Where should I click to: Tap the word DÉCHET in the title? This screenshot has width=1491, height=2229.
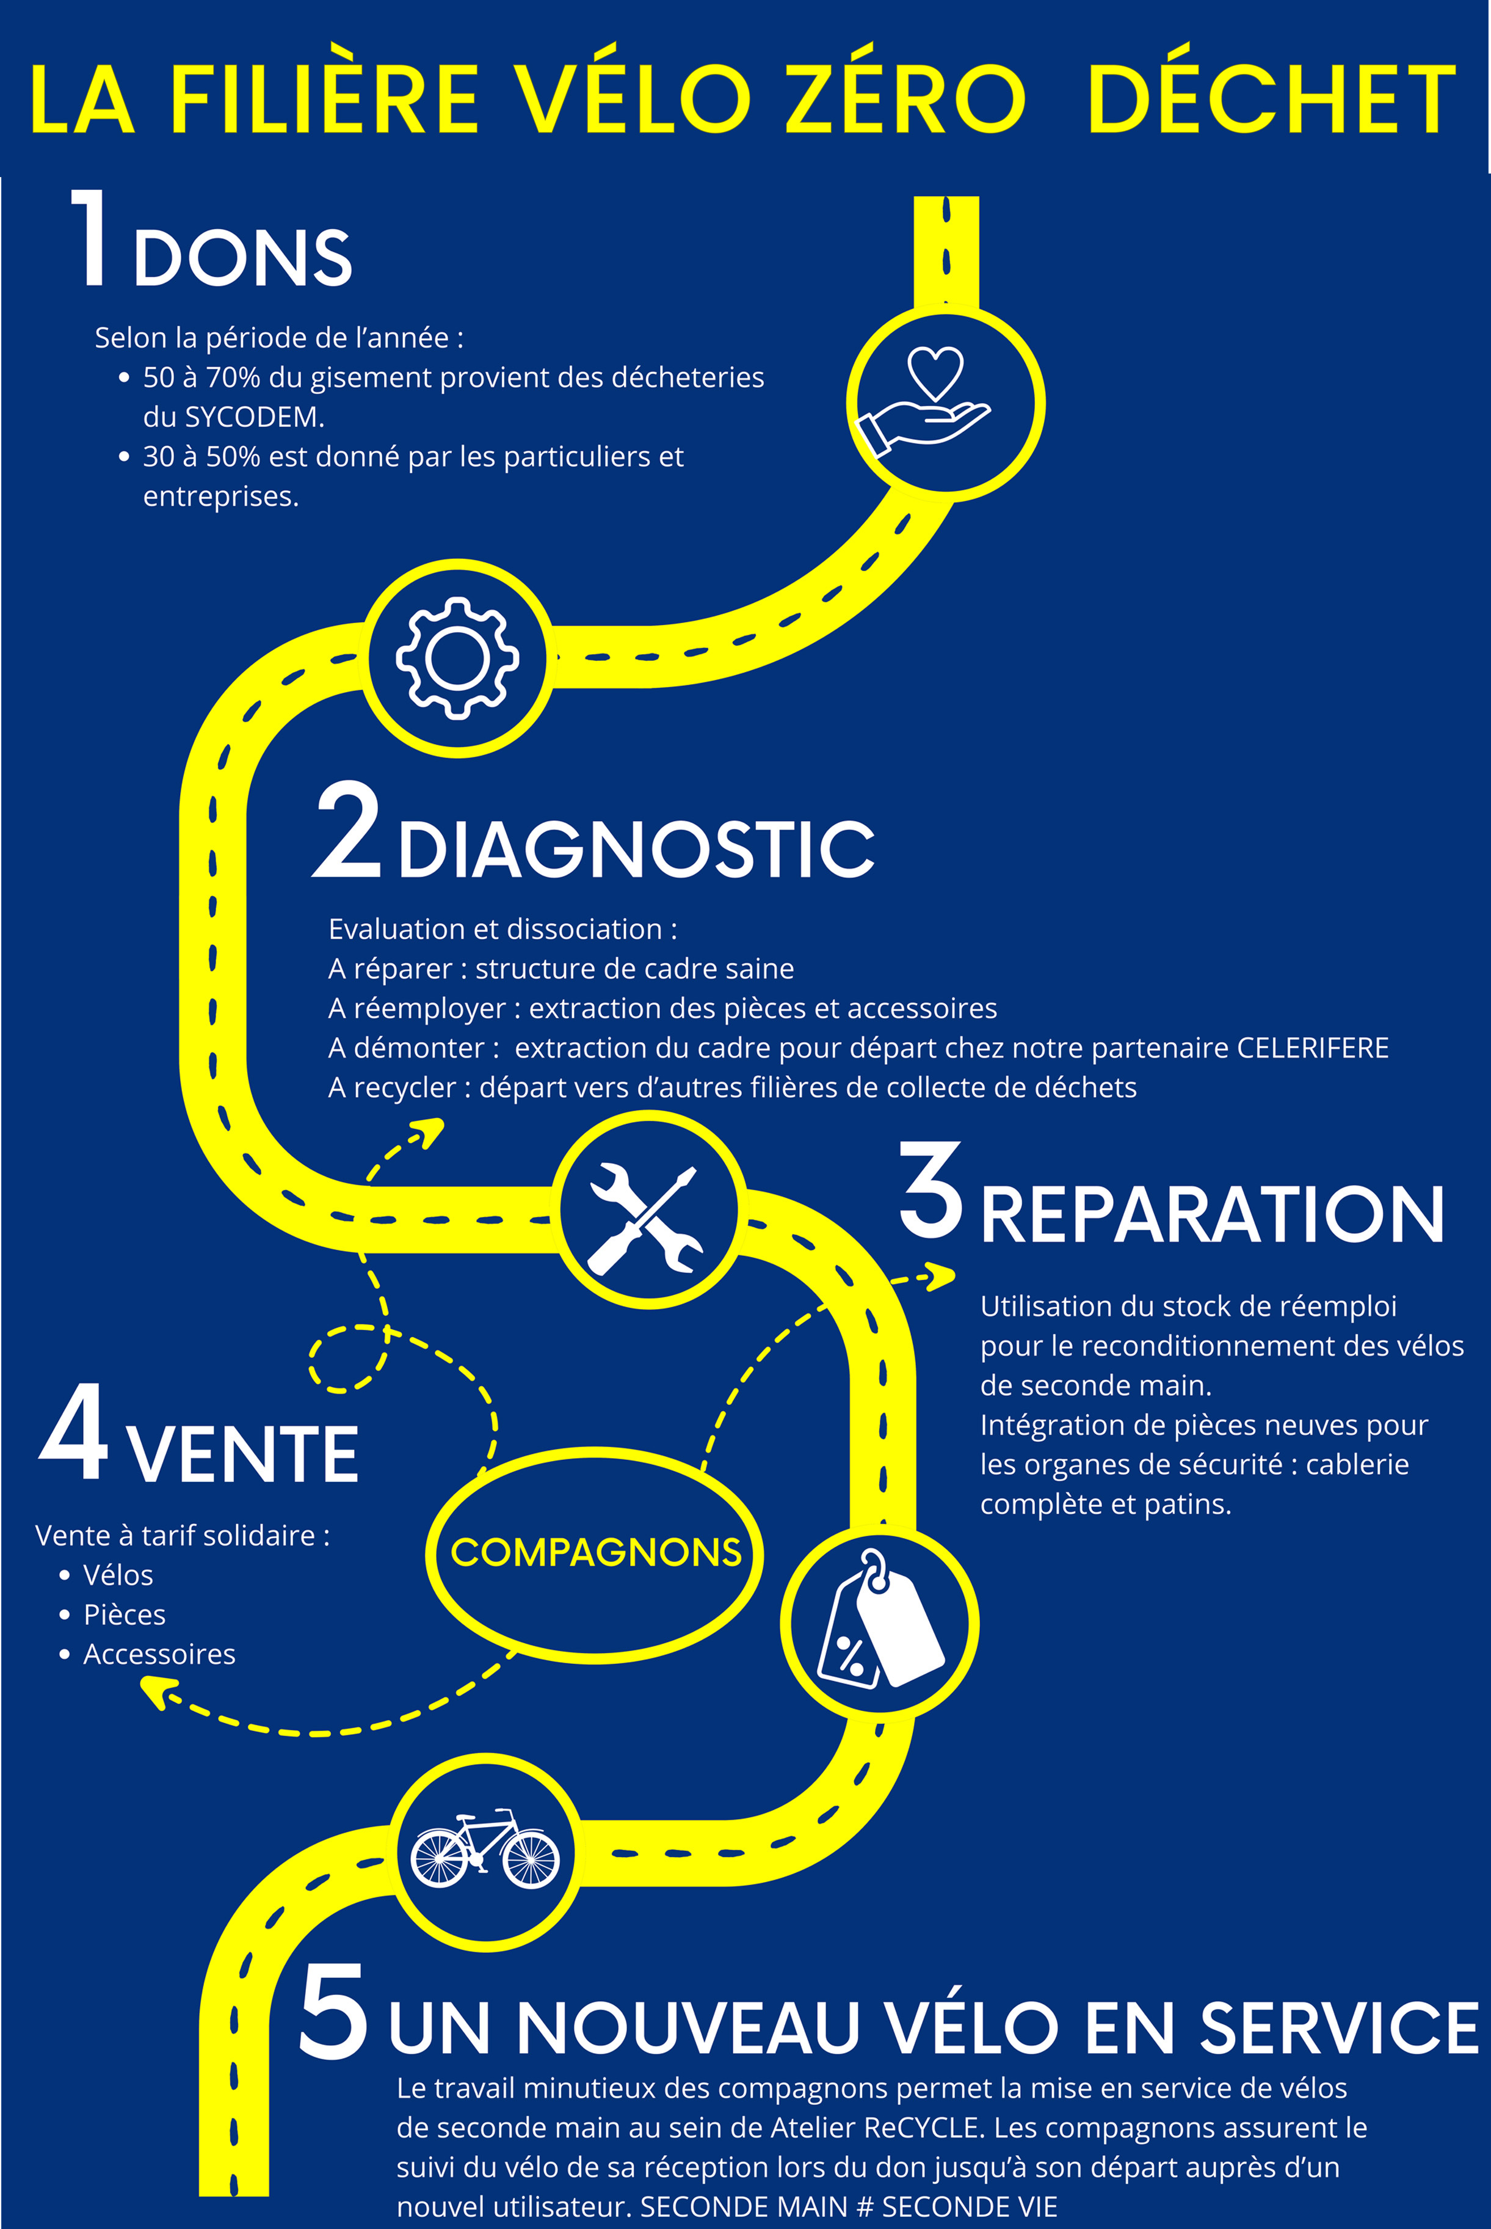(x=1271, y=100)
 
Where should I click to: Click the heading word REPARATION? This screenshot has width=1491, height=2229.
(x=1213, y=1215)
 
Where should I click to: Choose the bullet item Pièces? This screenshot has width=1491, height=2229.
(x=125, y=1615)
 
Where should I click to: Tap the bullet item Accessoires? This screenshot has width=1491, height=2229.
(x=159, y=1654)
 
